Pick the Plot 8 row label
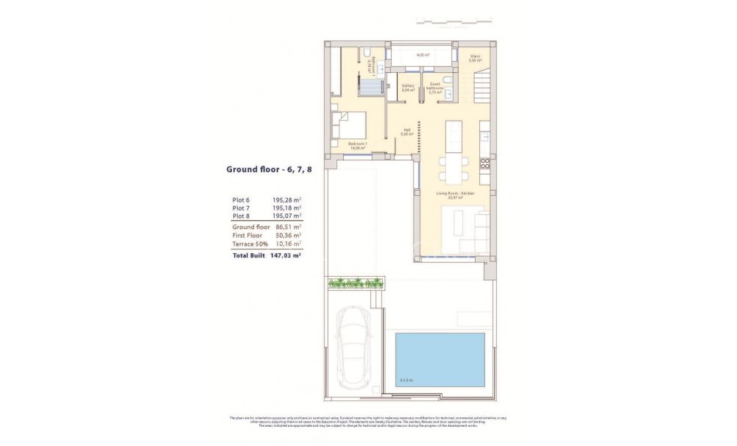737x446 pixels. tap(241, 216)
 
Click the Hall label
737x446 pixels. tap(406, 132)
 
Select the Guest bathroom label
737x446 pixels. tap(435, 88)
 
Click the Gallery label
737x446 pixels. tap(408, 87)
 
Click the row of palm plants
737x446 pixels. tap(356, 282)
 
